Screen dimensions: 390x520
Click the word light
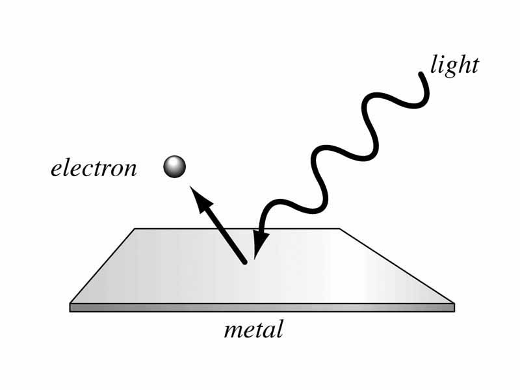(454, 66)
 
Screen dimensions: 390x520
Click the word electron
(94, 169)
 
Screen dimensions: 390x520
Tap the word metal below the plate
(253, 330)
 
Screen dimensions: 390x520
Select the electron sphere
(174, 167)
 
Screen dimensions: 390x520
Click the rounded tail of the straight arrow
(244, 261)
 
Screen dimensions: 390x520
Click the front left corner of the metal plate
(71, 304)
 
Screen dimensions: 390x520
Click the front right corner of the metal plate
(453, 304)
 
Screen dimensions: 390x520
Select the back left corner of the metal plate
(135, 229)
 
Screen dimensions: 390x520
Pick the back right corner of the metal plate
(339, 229)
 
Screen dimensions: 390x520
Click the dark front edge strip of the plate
(260, 308)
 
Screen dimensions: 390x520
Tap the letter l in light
(434, 64)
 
